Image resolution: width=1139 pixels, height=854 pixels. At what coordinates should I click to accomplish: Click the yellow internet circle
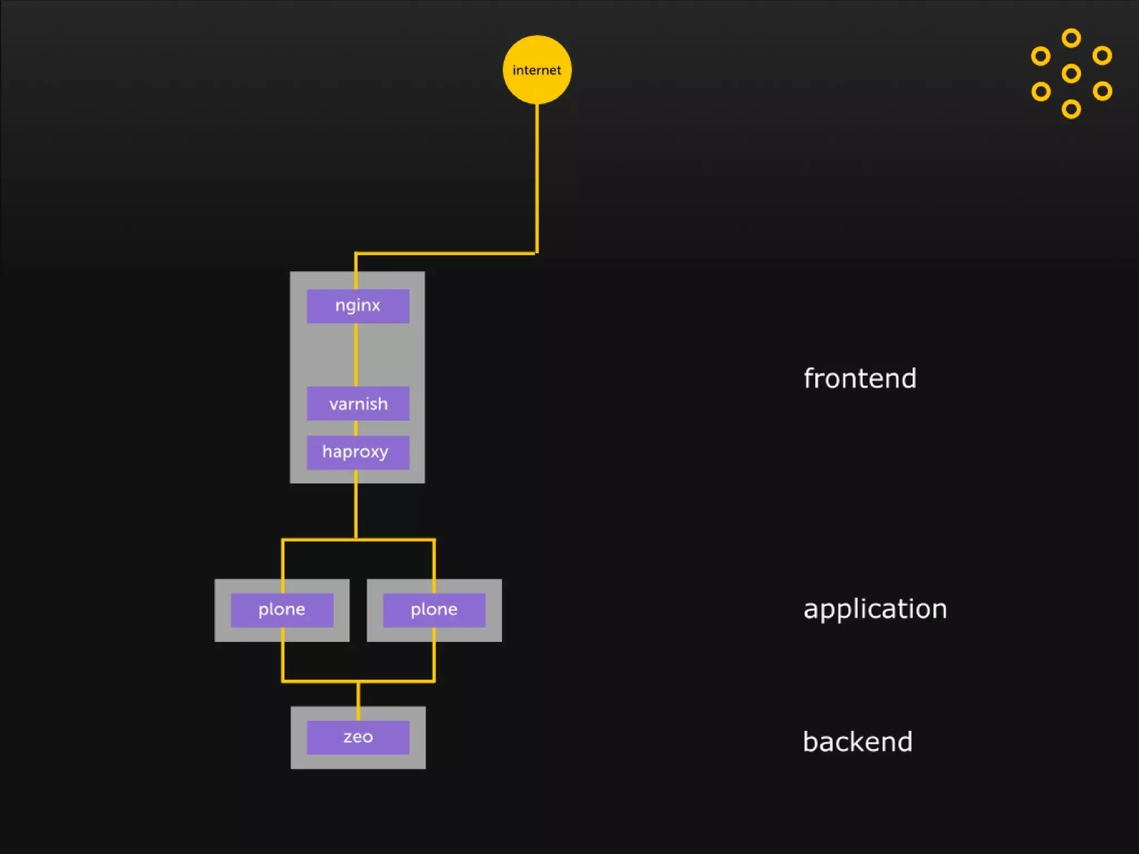(x=537, y=69)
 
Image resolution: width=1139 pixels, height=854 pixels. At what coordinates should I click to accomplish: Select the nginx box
(x=358, y=306)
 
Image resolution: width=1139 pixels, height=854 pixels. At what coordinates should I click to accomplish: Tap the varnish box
(x=358, y=403)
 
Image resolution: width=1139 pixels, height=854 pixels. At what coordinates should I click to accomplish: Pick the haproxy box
(x=358, y=452)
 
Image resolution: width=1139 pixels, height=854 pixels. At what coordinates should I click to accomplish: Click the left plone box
(x=282, y=610)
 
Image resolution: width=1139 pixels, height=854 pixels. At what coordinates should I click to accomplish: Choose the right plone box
(x=434, y=610)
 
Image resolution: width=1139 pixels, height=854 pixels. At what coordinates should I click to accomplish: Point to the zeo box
(x=358, y=737)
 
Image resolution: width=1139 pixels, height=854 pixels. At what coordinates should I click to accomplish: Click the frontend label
(x=860, y=379)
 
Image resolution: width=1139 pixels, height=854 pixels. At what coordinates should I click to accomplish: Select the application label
(x=875, y=609)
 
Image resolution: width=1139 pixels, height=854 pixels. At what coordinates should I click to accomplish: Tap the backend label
(x=858, y=742)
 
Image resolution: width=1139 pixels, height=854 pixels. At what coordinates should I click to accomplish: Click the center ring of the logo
(x=1071, y=73)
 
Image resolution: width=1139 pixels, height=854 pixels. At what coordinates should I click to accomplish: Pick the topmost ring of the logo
(x=1071, y=38)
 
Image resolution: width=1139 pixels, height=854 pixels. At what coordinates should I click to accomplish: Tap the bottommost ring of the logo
(x=1071, y=109)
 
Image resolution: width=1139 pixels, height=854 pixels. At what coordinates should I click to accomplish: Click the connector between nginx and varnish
(x=356, y=355)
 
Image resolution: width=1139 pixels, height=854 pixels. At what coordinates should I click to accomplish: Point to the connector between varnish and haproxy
(x=356, y=428)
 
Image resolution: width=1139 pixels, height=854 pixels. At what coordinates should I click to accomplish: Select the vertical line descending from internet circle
(x=537, y=178)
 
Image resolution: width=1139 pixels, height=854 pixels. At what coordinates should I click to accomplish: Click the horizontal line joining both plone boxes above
(x=358, y=539)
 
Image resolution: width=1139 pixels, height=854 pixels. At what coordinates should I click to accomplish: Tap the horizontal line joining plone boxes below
(x=358, y=681)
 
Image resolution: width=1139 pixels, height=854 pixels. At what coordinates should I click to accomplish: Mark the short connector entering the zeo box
(x=358, y=701)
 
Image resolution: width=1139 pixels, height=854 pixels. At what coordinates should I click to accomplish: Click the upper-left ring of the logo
(x=1041, y=56)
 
